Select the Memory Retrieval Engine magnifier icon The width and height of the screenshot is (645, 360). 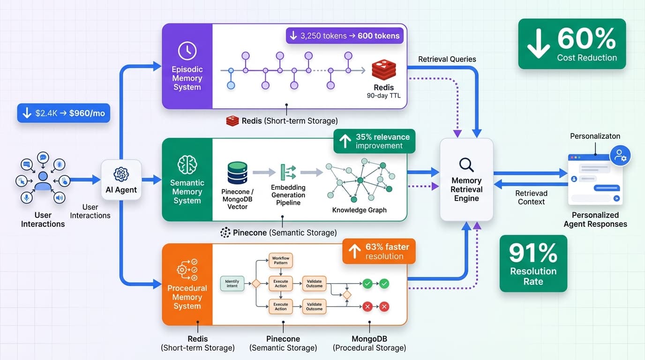(466, 165)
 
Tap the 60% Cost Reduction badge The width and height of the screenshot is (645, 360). (572, 44)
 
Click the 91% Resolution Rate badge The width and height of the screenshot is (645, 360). (533, 264)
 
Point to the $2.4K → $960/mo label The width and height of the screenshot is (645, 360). (64, 113)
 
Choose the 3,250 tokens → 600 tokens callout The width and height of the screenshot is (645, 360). (345, 36)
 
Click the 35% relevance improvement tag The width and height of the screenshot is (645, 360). (374, 141)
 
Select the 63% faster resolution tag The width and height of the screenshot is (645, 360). (379, 251)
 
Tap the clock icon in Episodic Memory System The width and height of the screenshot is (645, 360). (187, 51)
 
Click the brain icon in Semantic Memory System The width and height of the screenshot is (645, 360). (187, 165)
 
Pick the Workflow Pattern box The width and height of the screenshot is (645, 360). (281, 261)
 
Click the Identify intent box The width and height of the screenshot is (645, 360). (232, 283)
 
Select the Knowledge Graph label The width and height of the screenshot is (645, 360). (359, 210)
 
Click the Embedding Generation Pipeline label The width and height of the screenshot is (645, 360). (288, 195)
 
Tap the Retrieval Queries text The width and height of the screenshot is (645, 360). (447, 59)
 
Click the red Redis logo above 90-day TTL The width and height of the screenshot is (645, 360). (383, 70)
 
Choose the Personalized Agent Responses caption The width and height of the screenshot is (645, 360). (595, 219)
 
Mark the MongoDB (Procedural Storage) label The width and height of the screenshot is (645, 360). (369, 343)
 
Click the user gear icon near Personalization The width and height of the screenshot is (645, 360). (620, 155)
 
